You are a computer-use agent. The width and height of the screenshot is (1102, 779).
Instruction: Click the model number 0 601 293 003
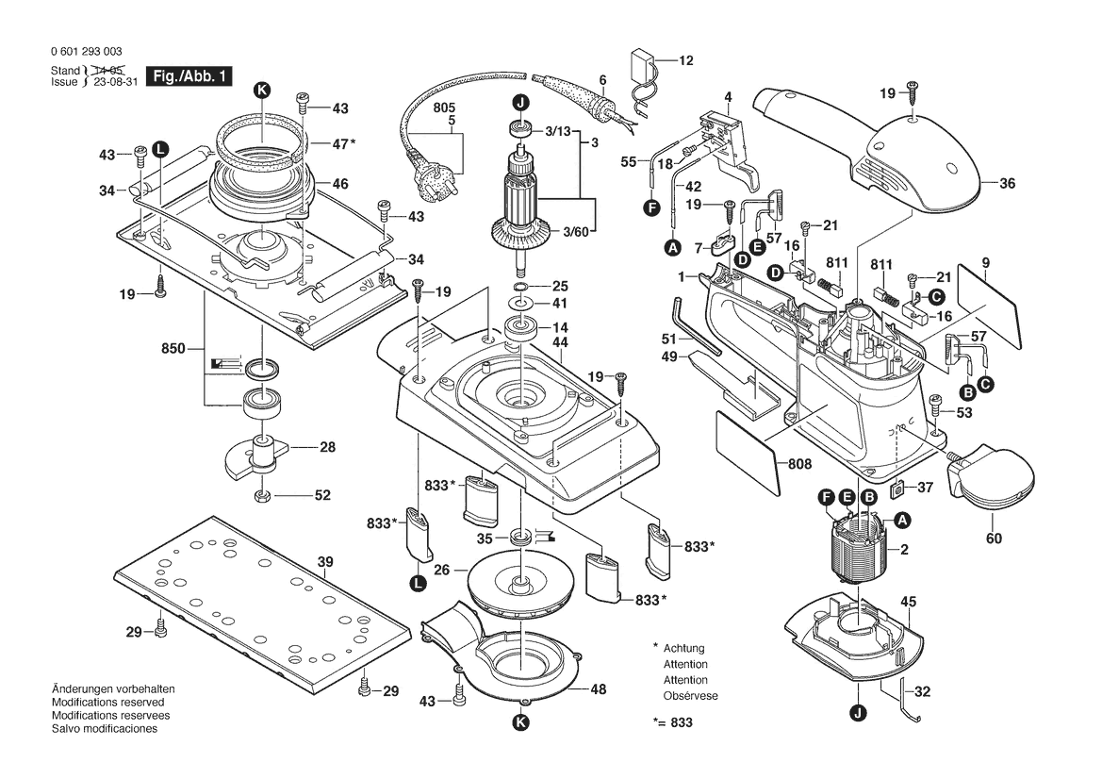pyautogui.click(x=86, y=52)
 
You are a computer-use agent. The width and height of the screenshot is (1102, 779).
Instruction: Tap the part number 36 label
pyautogui.click(x=1007, y=184)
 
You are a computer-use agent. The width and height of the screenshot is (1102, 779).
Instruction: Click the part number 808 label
pyautogui.click(x=799, y=464)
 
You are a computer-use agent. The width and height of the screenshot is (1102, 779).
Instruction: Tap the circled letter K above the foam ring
pyautogui.click(x=261, y=90)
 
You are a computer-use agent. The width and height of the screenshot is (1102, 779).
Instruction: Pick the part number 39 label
pyautogui.click(x=325, y=563)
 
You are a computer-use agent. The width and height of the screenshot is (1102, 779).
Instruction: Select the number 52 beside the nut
pyautogui.click(x=322, y=494)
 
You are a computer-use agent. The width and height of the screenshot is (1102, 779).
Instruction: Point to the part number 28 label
pyautogui.click(x=326, y=447)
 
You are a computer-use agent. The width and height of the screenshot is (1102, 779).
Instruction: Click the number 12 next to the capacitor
pyautogui.click(x=685, y=60)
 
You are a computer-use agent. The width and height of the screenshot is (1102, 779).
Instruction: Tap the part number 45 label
pyautogui.click(x=909, y=601)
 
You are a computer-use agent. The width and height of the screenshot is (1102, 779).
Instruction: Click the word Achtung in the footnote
pyautogui.click(x=683, y=649)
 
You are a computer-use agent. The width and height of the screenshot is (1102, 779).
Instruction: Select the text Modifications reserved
pyautogui.click(x=107, y=703)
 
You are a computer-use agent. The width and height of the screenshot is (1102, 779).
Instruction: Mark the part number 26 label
pyautogui.click(x=439, y=570)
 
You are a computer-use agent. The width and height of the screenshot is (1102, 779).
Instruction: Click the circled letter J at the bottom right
pyautogui.click(x=858, y=713)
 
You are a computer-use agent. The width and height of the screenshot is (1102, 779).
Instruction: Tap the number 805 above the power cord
pyautogui.click(x=444, y=108)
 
